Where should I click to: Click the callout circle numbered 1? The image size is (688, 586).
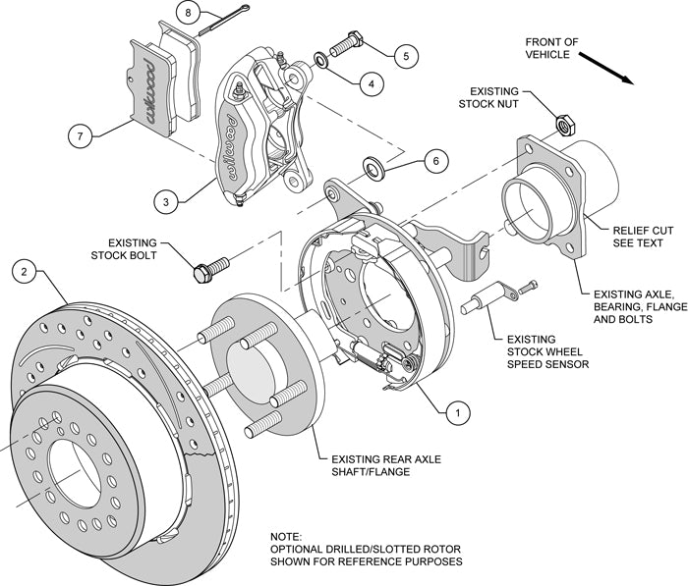pos(455,414)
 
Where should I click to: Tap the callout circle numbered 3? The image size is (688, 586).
pos(169,203)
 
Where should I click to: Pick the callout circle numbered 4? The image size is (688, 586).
pos(370,84)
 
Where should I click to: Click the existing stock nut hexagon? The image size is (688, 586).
pos(565,124)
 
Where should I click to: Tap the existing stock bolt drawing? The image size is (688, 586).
pos(212,268)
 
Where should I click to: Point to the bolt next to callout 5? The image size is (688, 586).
pos(349,43)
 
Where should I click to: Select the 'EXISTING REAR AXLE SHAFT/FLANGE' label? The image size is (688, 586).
pos(384,463)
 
